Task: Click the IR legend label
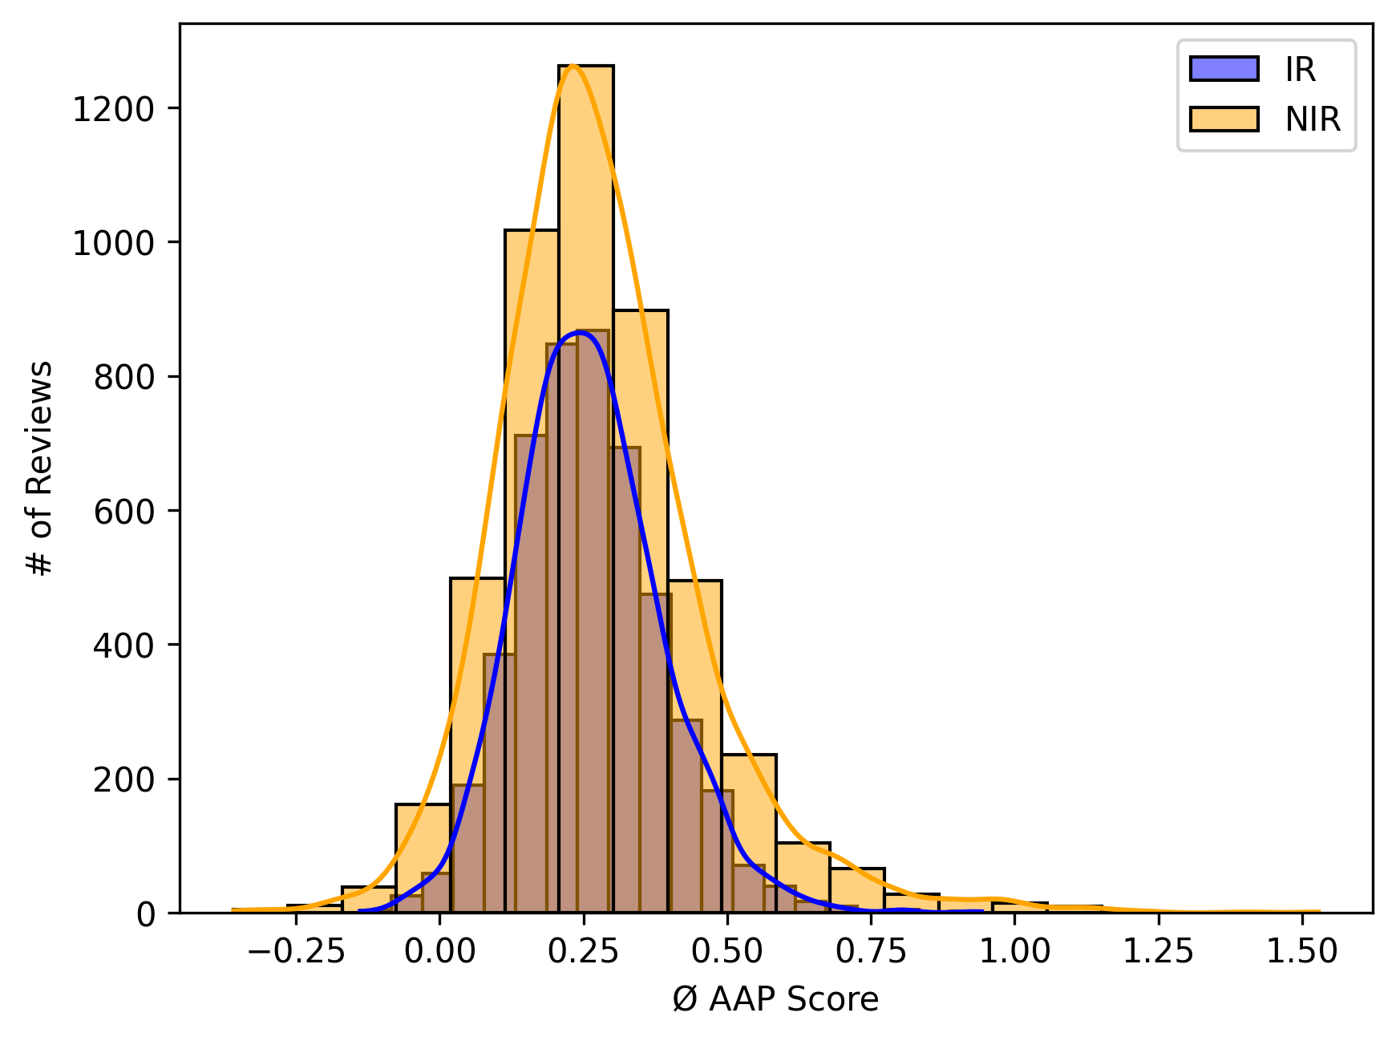coord(1300,70)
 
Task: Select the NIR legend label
coord(1313,119)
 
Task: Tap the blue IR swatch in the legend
coord(1224,70)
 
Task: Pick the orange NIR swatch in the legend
coord(1224,119)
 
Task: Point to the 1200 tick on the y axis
coord(113,109)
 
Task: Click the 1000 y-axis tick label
coord(113,243)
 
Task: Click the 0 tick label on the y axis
coord(146,913)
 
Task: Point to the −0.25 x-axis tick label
coord(296,952)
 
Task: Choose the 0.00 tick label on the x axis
coord(439,952)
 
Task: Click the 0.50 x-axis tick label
coord(726,952)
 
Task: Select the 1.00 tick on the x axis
coord(1014,952)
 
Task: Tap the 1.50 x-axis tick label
coord(1301,952)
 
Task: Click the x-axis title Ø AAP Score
coord(775,999)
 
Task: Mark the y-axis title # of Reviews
coord(39,468)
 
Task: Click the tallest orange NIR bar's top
coord(586,67)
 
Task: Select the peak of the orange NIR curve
coord(572,66)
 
